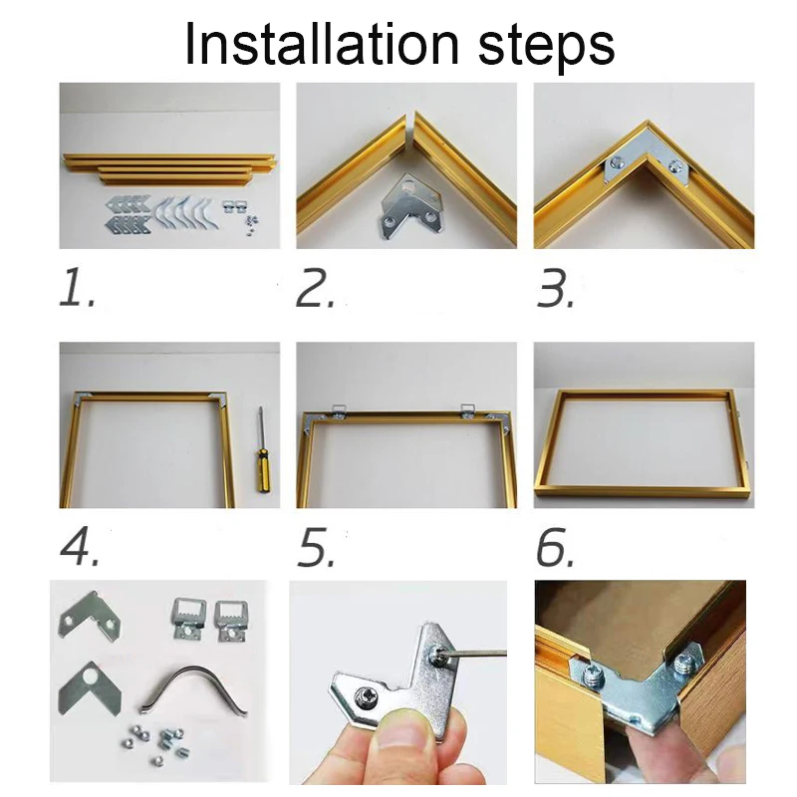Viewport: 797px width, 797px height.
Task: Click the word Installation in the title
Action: pos(322,44)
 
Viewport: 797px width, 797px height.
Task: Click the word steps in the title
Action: pos(546,49)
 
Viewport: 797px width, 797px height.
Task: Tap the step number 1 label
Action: pos(77,288)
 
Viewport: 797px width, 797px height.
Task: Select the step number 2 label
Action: pos(315,288)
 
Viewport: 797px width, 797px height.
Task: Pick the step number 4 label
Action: pos(79,546)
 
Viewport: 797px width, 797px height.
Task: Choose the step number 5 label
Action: pos(316,547)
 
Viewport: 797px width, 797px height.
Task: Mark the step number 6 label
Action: pos(555,547)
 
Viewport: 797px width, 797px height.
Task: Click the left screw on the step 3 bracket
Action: pos(617,162)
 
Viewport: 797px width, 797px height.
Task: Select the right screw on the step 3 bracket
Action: pos(674,165)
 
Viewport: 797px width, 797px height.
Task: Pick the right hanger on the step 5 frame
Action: pos(468,410)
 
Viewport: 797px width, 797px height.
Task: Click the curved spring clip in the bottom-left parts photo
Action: pos(194,688)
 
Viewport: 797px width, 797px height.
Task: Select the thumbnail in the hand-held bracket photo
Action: pos(400,733)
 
